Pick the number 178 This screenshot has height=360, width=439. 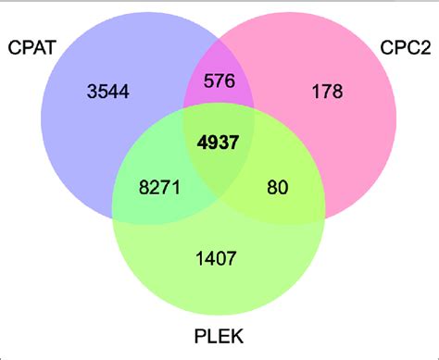pos(327,91)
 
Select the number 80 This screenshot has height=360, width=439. pos(278,188)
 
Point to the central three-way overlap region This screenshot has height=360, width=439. pos(219,167)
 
